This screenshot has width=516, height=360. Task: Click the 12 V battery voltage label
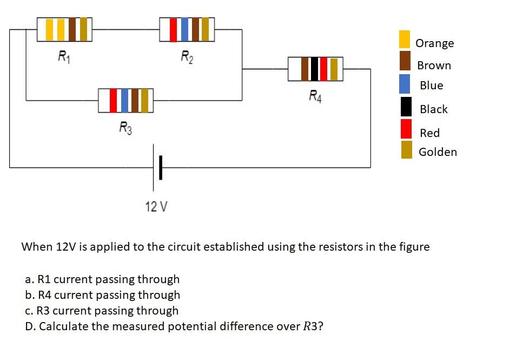click(156, 206)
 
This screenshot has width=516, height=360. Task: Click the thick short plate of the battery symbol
click(160, 168)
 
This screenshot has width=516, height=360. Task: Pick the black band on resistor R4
click(314, 69)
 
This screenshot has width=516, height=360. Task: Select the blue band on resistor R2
click(184, 29)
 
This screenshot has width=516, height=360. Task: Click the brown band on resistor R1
click(72, 29)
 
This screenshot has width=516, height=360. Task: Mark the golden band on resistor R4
click(334, 69)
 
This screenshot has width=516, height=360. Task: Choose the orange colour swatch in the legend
click(405, 40)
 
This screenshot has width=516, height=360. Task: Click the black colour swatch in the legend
click(406, 107)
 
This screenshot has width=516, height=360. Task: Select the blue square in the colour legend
click(405, 84)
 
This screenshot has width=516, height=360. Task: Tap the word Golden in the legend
click(438, 152)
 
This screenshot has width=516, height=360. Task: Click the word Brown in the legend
click(434, 66)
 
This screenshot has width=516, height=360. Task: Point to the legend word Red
click(429, 133)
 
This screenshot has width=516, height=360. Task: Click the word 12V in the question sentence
click(66, 247)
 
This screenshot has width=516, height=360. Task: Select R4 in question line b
click(45, 295)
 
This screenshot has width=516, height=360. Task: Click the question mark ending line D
click(321, 326)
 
